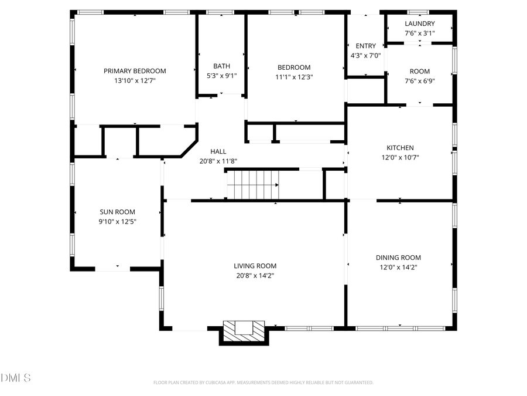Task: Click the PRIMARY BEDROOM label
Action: [135, 71]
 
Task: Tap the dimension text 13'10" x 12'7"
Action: [135, 81]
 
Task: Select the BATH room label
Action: [221, 66]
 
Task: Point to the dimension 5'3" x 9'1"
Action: [221, 76]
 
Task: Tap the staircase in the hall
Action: [252, 184]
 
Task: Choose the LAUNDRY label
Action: [419, 23]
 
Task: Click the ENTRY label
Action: [365, 46]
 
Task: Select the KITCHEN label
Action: [400, 148]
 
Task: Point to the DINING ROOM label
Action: [398, 258]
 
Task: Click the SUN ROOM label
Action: [117, 212]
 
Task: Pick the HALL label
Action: [218, 151]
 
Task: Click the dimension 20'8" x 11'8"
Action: [218, 161]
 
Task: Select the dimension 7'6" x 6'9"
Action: [419, 81]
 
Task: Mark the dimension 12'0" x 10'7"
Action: [400, 157]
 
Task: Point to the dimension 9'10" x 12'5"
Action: [117, 222]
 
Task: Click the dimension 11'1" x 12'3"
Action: [294, 77]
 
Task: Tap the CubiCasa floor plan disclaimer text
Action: [263, 383]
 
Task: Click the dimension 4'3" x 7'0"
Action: [365, 56]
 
